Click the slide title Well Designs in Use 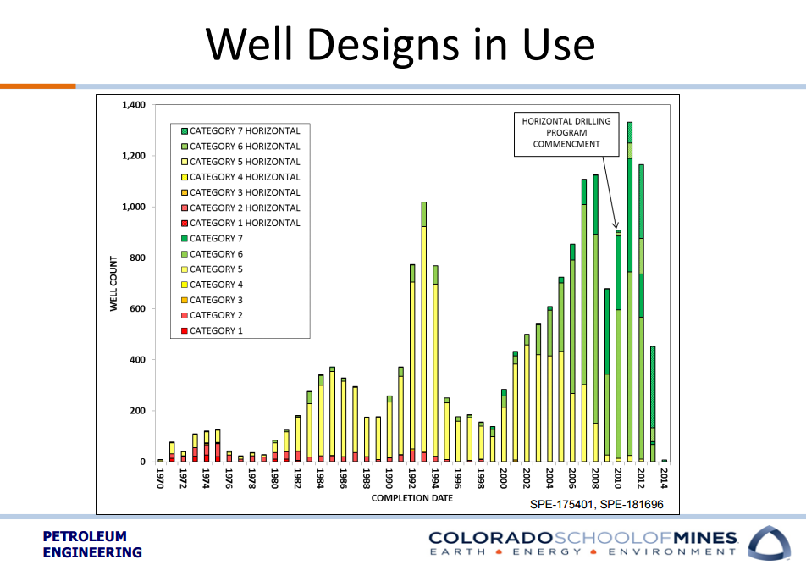pyautogui.click(x=401, y=44)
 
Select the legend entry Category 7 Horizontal pyautogui.click(x=245, y=131)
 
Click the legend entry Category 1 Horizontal pyautogui.click(x=245, y=224)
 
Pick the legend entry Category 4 pyautogui.click(x=216, y=285)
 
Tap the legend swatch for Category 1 pyautogui.click(x=183, y=331)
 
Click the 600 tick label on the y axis pyautogui.click(x=138, y=309)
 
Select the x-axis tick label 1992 pyautogui.click(x=412, y=479)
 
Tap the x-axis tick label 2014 pyautogui.click(x=665, y=479)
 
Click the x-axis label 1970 pyautogui.click(x=160, y=479)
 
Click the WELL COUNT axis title pyautogui.click(x=113, y=284)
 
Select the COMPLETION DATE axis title pyautogui.click(x=411, y=498)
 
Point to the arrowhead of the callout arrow pyautogui.click(x=616, y=227)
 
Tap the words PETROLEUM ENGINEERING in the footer pyautogui.click(x=92, y=545)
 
